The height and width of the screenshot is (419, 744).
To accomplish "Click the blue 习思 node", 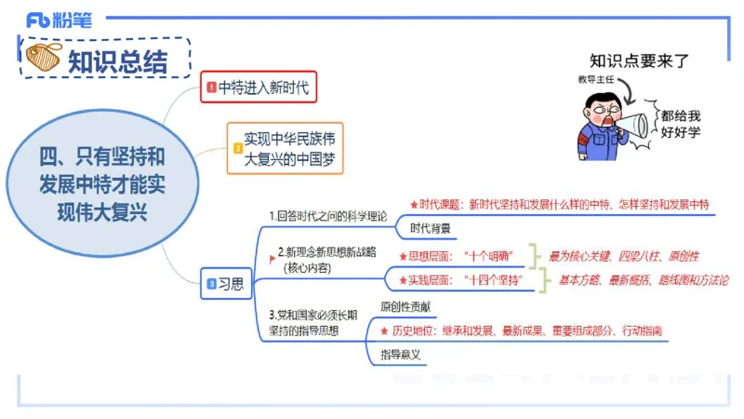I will [x=226, y=284].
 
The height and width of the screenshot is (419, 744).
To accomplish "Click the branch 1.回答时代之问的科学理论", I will [x=327, y=215].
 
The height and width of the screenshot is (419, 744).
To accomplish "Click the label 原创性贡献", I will [x=405, y=306].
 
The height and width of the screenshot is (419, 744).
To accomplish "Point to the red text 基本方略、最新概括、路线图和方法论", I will [x=643, y=279].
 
